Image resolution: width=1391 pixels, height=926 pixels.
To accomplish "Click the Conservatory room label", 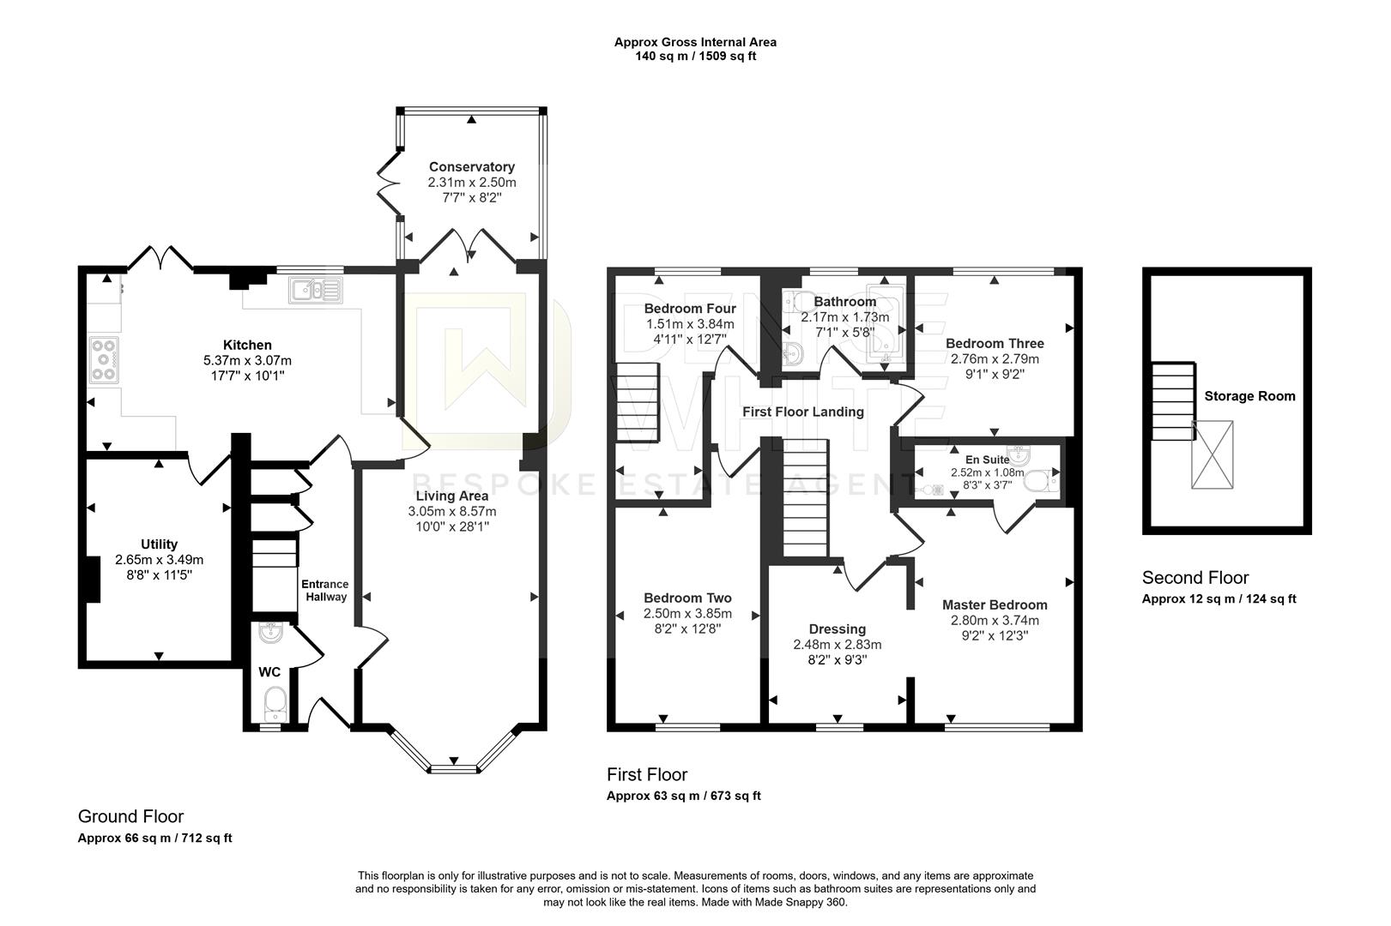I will coord(472,167).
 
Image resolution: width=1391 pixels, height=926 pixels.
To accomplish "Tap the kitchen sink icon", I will coord(316,290).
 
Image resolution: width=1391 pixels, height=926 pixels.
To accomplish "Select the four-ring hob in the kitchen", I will coord(105,359).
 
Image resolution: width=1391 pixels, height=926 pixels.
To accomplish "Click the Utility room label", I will coord(159,544).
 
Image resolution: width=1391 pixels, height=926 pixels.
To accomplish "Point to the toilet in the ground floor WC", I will coord(275,701).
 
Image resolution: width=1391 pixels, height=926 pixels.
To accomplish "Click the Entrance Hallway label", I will coord(324,591).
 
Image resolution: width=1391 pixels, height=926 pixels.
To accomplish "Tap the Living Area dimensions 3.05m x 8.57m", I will coord(452,512).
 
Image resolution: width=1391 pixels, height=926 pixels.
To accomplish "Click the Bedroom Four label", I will coord(690,309).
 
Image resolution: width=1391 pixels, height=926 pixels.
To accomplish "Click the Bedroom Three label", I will coord(995,344).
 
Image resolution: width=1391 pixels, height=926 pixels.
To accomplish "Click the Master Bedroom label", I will coord(995,605).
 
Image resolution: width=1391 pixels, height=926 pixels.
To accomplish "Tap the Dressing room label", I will coord(838,629).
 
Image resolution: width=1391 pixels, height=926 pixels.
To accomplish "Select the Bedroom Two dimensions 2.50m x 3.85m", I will coord(687,614).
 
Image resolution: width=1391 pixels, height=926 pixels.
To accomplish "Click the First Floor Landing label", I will coord(803,412).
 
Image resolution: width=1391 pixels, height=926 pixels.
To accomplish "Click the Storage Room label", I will coord(1249,396).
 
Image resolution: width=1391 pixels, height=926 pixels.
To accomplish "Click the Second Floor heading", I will coord(1194,578).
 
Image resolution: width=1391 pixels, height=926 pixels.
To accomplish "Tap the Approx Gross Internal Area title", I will coord(695,42).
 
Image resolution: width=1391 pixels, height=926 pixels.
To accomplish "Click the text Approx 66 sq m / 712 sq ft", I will coord(154,839).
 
